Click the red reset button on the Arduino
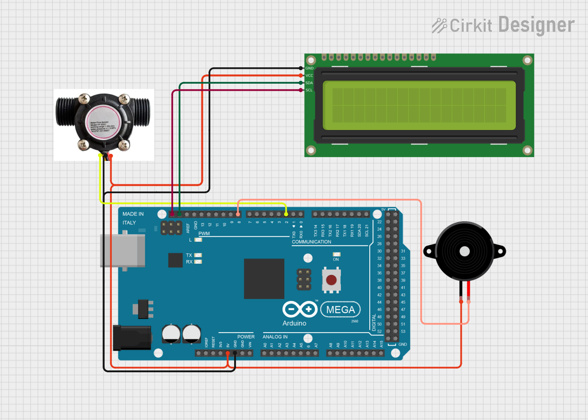[331, 280]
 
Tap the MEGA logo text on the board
[341, 310]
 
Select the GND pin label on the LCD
[309, 68]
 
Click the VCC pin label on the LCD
[309, 75]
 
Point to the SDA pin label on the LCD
[309, 83]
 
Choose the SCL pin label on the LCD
[309, 90]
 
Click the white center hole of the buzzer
[464, 251]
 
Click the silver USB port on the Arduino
[122, 250]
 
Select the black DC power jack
[132, 337]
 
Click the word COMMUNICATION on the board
[311, 242]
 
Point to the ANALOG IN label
[275, 337]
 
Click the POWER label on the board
[246, 337]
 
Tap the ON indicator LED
[336, 254]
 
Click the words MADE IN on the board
[133, 214]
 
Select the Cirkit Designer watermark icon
[439, 25]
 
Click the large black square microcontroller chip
[264, 279]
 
